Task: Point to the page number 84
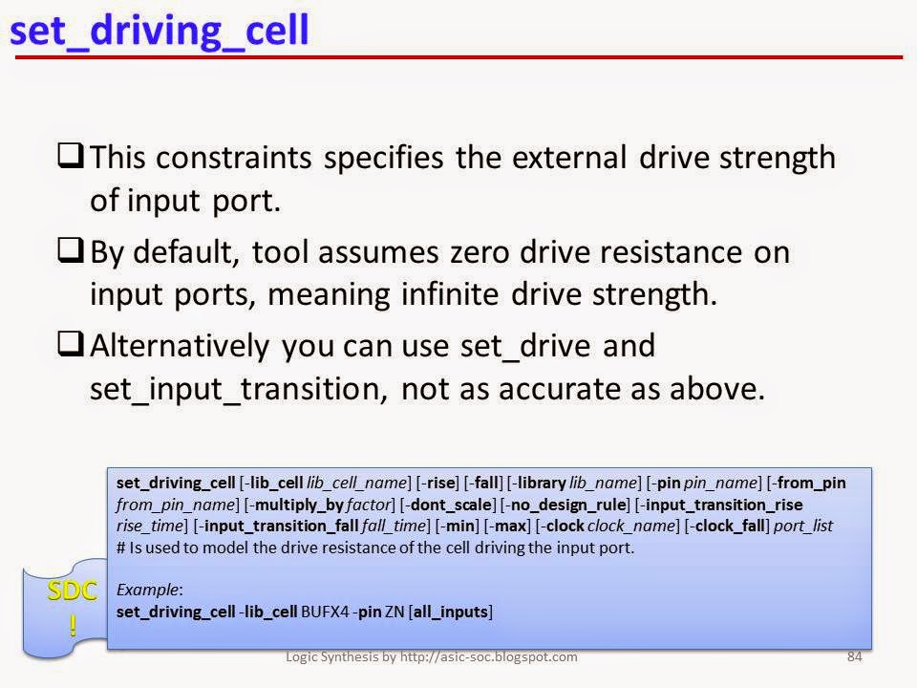(x=854, y=656)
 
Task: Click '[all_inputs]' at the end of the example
(x=445, y=611)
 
